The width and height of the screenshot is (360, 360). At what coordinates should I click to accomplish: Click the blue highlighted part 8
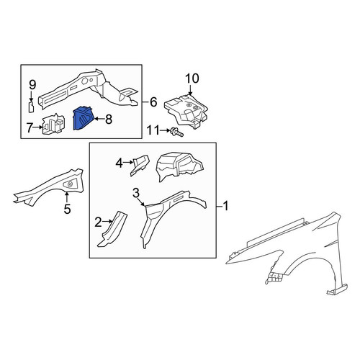(82, 119)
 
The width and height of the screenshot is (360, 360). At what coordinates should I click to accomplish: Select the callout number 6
(153, 102)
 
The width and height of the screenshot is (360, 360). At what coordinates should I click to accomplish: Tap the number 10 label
(192, 78)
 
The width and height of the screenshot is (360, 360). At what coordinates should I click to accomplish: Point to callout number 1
(225, 206)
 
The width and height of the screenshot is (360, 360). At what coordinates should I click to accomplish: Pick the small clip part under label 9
(31, 107)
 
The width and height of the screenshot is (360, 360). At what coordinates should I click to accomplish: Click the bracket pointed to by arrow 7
(53, 124)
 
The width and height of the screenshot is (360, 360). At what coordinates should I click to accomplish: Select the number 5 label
(68, 209)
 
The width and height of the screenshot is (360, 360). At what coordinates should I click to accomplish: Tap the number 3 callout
(136, 193)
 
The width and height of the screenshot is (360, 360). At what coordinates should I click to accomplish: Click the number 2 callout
(99, 222)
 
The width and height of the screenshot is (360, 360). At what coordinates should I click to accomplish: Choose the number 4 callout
(120, 163)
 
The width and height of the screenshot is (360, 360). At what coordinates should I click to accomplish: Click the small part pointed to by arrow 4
(140, 166)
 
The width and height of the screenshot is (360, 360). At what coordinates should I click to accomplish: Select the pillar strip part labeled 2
(112, 229)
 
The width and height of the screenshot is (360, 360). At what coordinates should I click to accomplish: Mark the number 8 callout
(109, 119)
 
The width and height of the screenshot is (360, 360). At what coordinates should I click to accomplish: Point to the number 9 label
(32, 85)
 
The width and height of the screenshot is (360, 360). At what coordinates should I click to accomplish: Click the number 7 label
(30, 128)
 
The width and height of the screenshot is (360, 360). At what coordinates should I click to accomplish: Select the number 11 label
(153, 131)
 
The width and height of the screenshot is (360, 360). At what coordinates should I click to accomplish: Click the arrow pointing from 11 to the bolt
(164, 131)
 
